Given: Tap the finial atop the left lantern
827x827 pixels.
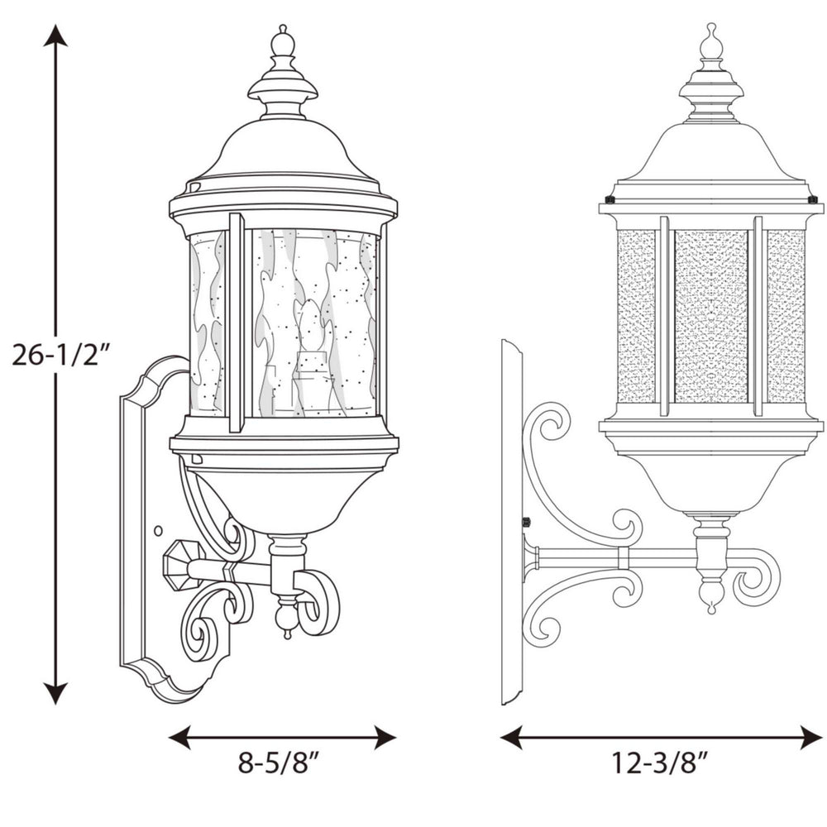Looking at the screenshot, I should (x=283, y=41).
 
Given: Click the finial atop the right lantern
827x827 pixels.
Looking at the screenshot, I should (x=710, y=41).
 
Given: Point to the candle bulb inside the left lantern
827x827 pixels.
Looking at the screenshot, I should (x=312, y=331).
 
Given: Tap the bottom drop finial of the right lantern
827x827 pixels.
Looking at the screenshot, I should (x=710, y=597).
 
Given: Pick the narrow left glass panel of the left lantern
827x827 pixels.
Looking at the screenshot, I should (x=207, y=323).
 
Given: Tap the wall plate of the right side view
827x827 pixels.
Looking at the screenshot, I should (x=511, y=521).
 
